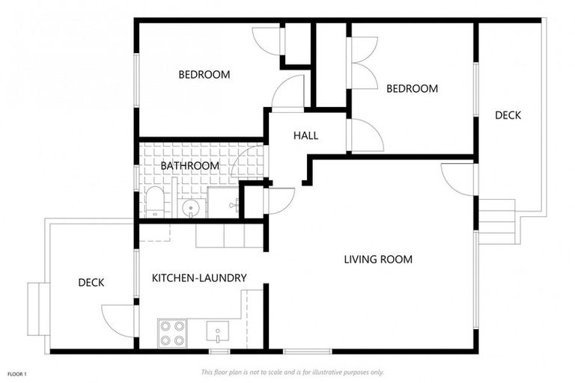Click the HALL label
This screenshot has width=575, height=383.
tap(305, 135)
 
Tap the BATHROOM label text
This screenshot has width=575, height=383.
tap(190, 165)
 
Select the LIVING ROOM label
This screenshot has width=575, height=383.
tap(378, 260)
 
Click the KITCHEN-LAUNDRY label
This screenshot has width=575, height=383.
tap(199, 278)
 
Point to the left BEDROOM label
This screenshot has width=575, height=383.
tap(204, 75)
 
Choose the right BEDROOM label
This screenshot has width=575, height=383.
tap(412, 88)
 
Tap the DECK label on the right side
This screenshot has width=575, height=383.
tap(508, 115)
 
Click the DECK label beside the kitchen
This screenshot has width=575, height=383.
tap(91, 282)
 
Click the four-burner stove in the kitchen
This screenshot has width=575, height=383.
tap(171, 332)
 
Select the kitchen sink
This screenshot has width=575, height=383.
tap(216, 331)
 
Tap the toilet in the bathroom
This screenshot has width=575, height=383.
tap(154, 202)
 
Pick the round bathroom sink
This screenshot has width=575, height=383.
tap(190, 208)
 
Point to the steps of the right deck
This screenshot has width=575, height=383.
tap(496, 221)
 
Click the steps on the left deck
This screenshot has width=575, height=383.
tap(35, 309)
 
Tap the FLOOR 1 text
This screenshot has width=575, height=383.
tap(16, 373)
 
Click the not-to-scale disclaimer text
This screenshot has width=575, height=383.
tap(292, 372)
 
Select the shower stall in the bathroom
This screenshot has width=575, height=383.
tap(222, 202)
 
